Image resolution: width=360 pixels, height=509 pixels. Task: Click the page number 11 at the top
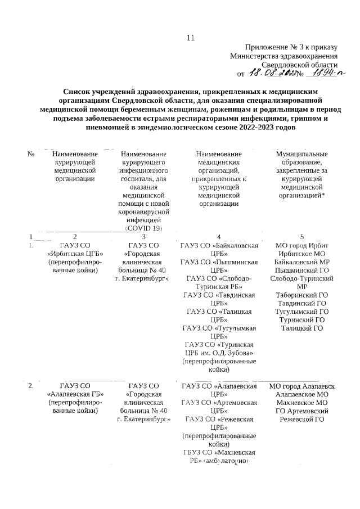click(190, 38)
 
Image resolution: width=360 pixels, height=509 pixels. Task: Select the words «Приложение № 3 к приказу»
click(291, 47)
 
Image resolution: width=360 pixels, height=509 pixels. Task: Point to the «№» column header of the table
click(31, 154)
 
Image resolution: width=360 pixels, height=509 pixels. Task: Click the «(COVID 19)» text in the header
click(144, 229)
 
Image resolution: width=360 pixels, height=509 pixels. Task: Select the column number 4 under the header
click(219, 237)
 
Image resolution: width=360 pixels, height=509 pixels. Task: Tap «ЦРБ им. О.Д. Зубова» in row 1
click(219, 353)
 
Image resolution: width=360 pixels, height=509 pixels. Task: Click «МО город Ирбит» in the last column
click(302, 245)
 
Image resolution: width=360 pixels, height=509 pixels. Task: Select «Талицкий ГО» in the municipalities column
click(302, 328)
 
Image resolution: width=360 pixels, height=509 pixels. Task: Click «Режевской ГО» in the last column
click(302, 419)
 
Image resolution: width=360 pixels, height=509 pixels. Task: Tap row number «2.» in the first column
click(31, 386)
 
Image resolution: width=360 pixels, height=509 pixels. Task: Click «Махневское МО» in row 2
click(302, 402)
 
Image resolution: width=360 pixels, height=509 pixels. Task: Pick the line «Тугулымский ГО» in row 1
click(302, 311)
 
